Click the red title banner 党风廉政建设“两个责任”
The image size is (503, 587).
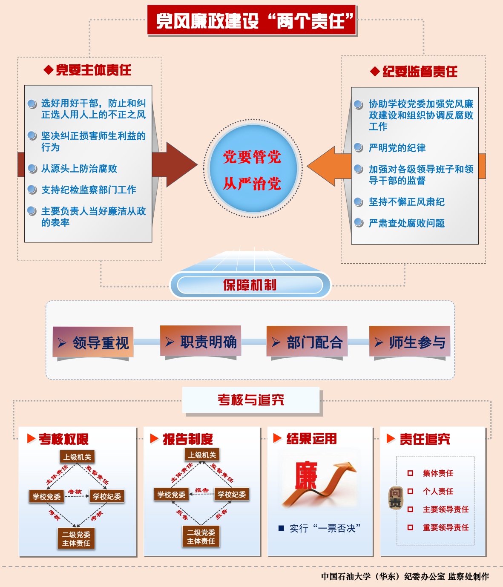[x=252, y=20]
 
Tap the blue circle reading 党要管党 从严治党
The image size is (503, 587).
[x=252, y=169]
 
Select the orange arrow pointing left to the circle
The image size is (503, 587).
[x=328, y=166]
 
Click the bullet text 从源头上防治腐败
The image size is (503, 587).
[x=79, y=169]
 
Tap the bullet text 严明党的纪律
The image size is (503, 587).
[x=397, y=148]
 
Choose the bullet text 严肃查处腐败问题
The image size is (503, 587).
[x=407, y=223]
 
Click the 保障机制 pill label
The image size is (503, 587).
[x=250, y=285]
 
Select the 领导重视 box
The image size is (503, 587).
[x=93, y=342]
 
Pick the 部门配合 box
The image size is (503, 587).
[x=307, y=342]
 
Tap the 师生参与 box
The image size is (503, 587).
[x=410, y=342]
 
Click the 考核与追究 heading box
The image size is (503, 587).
[x=251, y=400]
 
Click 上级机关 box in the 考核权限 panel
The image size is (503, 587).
[x=78, y=457]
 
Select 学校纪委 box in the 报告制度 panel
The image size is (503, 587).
[x=232, y=495]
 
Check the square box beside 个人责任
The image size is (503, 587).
[x=410, y=491]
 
